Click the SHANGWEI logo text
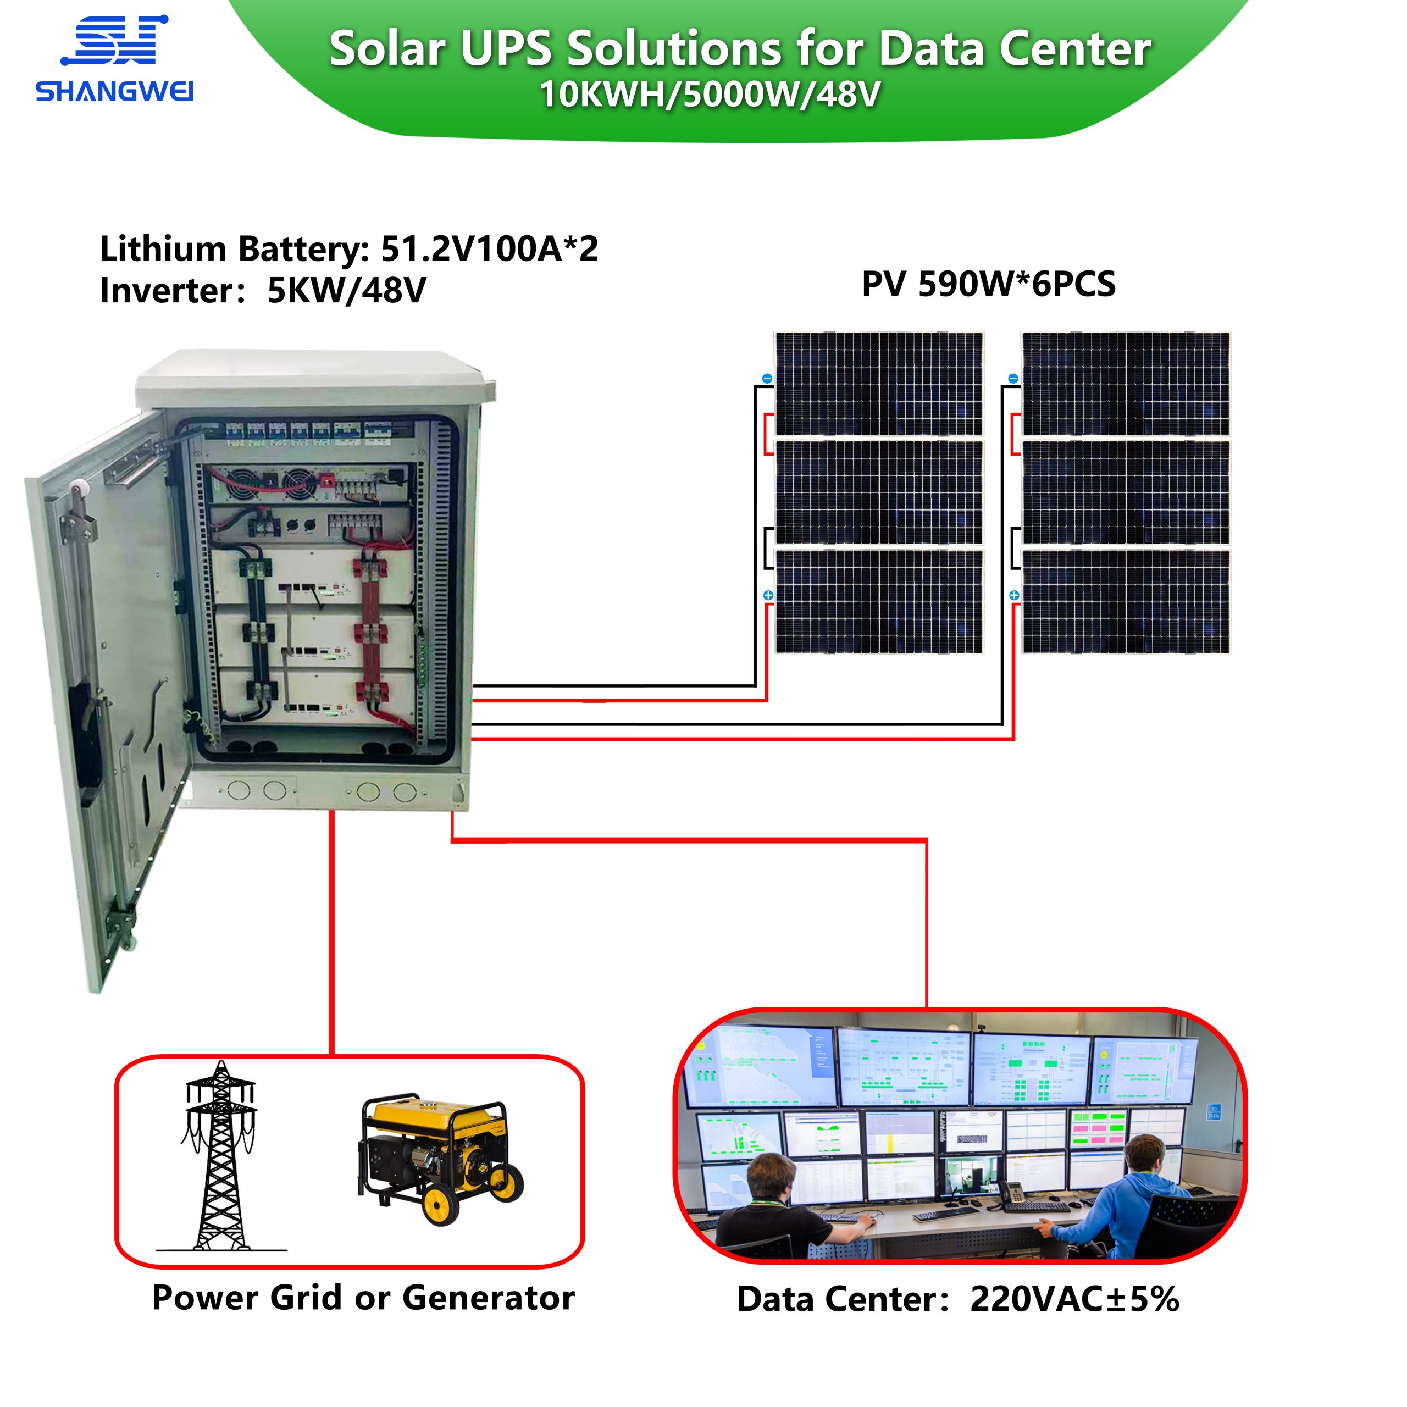(x=114, y=92)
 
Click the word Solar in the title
(x=387, y=49)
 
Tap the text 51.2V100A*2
(x=489, y=249)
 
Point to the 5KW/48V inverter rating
(x=347, y=291)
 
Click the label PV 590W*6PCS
(x=988, y=284)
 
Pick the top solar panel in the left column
(x=878, y=384)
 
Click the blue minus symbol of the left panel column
(x=767, y=379)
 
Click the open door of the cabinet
(x=109, y=677)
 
